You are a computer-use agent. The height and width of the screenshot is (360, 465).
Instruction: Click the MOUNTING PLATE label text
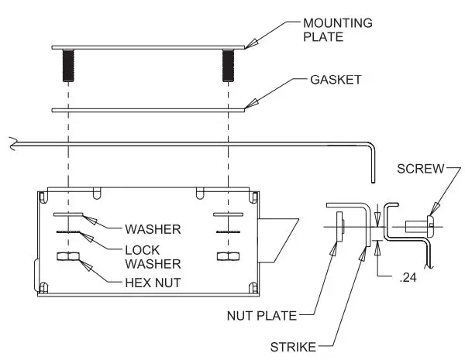coord(338,29)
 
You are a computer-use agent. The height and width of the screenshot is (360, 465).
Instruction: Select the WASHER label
coord(153,228)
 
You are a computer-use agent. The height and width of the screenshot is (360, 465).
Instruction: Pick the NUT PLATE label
coord(264,315)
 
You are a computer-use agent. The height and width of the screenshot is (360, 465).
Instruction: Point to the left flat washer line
coord(68,213)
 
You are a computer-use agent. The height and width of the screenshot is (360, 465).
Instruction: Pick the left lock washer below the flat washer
coord(68,231)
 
